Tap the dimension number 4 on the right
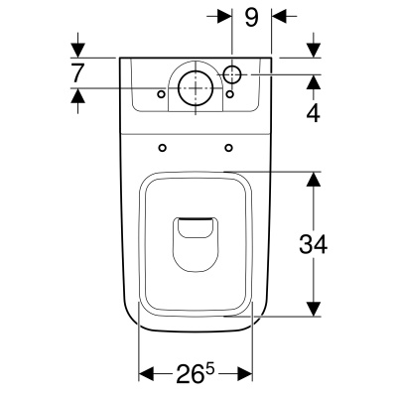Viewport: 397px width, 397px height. click(314, 112)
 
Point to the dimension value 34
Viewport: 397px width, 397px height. click(314, 243)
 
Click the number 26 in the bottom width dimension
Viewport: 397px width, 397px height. click(187, 375)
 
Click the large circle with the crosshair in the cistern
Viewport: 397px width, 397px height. click(196, 86)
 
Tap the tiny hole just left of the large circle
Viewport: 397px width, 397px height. click(161, 93)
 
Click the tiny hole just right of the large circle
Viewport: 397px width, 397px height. click(229, 94)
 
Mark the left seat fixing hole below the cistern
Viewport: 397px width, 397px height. click(161, 148)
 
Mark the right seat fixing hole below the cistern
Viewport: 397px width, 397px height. click(229, 148)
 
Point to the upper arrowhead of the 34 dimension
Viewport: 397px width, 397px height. click(314, 180)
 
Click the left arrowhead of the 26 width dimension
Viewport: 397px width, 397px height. click(146, 374)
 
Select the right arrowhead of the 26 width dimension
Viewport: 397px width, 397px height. click(246, 374)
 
